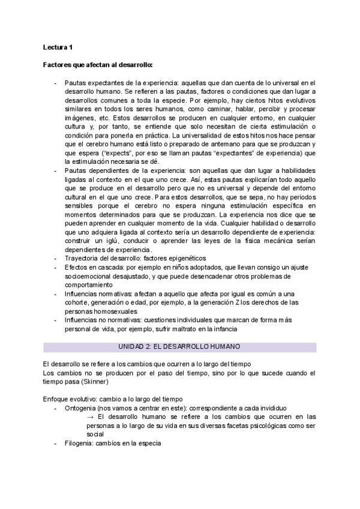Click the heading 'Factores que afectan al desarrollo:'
click(98, 64)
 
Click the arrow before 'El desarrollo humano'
click(90, 416)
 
